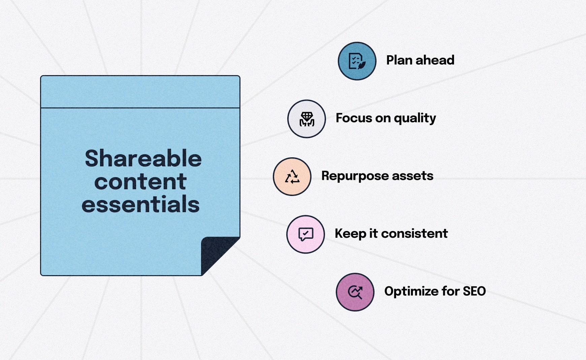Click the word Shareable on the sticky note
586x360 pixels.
(x=143, y=159)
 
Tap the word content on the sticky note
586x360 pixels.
(x=140, y=182)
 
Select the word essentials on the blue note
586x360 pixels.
(x=140, y=204)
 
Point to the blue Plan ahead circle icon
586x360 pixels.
(x=357, y=61)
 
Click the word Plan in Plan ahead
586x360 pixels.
(x=399, y=60)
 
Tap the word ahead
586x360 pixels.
(x=435, y=60)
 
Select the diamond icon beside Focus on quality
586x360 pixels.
(x=306, y=119)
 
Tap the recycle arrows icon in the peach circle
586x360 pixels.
(x=292, y=176)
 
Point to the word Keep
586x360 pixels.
(x=350, y=234)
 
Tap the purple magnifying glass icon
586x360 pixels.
(x=355, y=292)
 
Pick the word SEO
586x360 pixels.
(x=474, y=291)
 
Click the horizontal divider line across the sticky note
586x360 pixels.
(x=140, y=108)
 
